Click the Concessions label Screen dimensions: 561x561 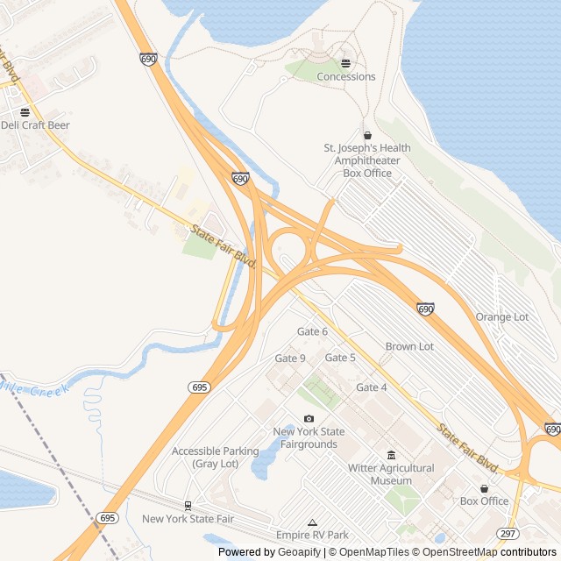tap(345, 76)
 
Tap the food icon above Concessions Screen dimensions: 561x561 tap(345, 63)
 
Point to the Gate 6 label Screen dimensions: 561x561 tap(312, 331)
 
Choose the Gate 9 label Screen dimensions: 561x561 tap(290, 359)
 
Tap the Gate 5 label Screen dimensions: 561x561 tap(340, 358)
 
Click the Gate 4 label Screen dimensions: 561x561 tap(372, 387)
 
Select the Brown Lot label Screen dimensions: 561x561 tap(409, 346)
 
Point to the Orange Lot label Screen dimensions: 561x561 tap(502, 316)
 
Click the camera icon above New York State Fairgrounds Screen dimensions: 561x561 tap(309, 419)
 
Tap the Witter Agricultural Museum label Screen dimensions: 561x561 tap(392, 474)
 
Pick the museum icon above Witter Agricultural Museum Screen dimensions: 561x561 tap(391, 455)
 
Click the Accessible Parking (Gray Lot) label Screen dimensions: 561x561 tap(216, 457)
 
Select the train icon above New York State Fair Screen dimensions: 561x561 tap(188, 506)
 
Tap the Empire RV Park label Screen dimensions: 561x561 tap(312, 535)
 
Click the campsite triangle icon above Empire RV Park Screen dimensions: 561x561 tap(312, 522)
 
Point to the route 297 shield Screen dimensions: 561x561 tap(507, 534)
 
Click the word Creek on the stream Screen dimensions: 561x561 tap(50, 389)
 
